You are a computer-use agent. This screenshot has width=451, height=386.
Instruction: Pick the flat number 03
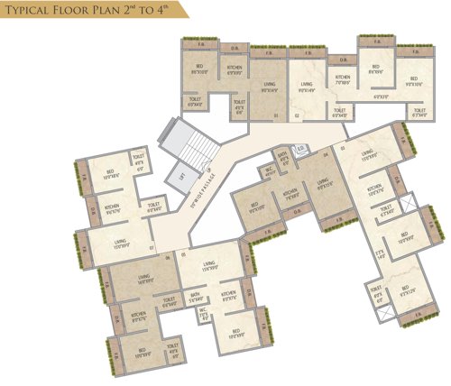[343, 146]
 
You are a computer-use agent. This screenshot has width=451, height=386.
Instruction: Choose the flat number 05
[183, 255]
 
